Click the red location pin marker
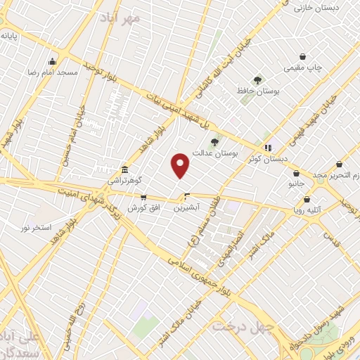pyautogui.click(x=181, y=165)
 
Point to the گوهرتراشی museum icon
pyautogui.click(x=124, y=169)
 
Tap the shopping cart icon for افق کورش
pyautogui.click(x=143, y=198)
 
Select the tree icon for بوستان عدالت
pyautogui.click(x=214, y=142)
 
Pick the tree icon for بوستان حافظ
pyautogui.click(x=257, y=80)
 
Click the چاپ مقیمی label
pyautogui.click(x=302, y=67)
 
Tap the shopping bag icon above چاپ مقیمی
pyautogui.click(x=302, y=56)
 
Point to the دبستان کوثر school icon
pyautogui.click(x=267, y=147)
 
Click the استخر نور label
pyautogui.click(x=36, y=227)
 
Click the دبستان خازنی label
pyautogui.click(x=311, y=7)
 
